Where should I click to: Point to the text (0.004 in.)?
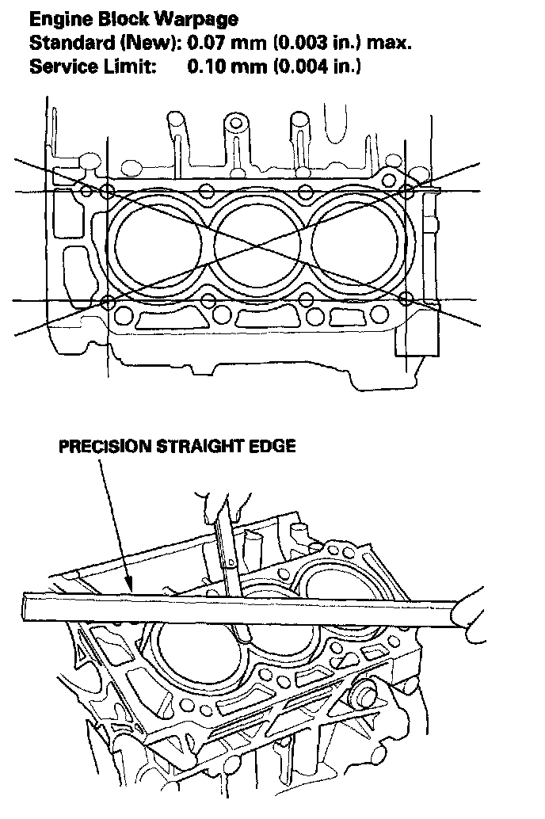(x=317, y=67)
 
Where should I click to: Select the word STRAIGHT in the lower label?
(x=204, y=447)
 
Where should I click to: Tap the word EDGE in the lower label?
(x=274, y=447)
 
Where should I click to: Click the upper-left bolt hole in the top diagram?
(x=109, y=191)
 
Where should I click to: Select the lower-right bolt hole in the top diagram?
(x=406, y=299)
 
